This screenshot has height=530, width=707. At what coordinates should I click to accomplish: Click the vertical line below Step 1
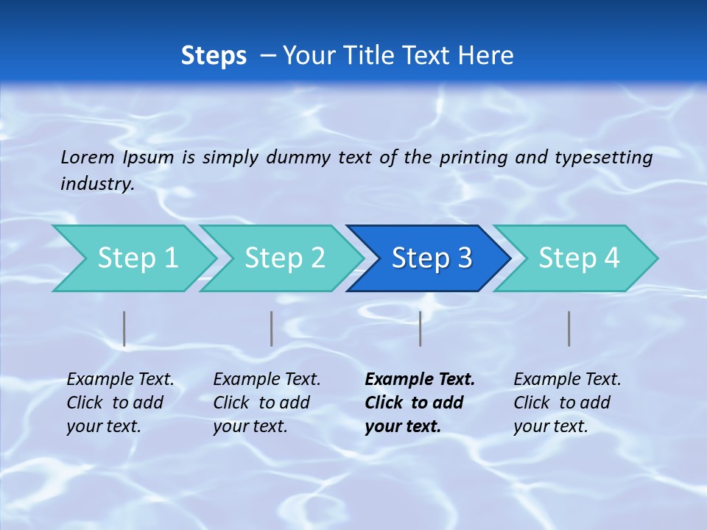coord(124,328)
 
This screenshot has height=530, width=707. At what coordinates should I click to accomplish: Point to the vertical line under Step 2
coord(272,328)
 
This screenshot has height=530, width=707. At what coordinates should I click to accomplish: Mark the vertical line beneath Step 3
coord(421,328)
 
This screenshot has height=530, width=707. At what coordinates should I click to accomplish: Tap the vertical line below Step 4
coord(569,328)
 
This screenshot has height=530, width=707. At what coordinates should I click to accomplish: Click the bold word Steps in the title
coord(214,56)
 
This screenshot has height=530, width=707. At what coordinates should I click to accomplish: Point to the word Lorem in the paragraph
coord(88,157)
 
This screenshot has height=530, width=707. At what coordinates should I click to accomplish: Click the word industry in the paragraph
coord(96,184)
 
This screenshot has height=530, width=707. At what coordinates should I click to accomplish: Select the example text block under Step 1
coord(119,403)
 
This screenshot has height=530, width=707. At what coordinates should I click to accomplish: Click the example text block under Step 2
coord(266,403)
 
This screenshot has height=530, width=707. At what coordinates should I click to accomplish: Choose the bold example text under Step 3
coord(419,403)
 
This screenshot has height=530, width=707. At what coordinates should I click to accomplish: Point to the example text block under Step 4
coord(566,403)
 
